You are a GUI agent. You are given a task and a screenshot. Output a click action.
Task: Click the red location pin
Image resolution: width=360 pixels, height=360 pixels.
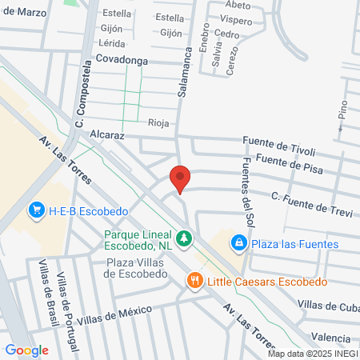181,178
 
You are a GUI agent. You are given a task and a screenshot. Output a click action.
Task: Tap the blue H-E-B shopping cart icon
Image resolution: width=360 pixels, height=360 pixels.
36,210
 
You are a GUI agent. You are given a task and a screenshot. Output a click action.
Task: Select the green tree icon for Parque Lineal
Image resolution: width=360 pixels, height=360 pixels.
184,238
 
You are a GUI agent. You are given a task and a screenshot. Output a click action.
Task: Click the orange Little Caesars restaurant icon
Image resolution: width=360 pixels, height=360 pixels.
194,281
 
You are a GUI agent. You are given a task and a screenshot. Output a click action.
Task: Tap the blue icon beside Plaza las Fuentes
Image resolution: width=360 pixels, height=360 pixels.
238,243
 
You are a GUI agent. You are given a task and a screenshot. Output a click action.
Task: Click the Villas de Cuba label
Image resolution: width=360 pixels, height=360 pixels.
327,305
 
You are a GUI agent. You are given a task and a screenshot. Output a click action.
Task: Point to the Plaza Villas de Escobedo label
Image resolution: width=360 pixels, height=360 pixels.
137,268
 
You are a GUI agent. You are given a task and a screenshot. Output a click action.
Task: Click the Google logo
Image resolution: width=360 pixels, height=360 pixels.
26,350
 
